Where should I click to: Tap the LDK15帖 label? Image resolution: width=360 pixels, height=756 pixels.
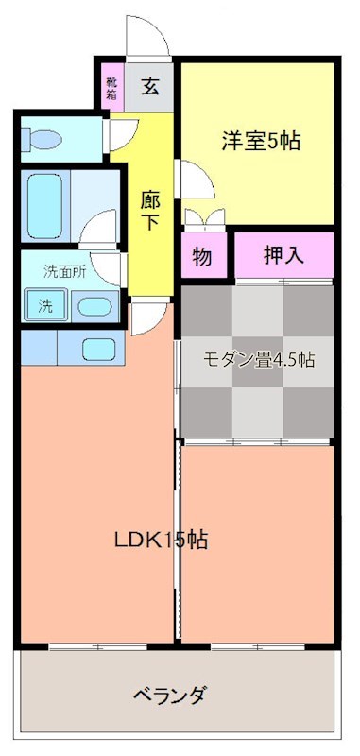[x=161, y=540]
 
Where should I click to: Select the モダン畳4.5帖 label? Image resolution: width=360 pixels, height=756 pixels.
[x=259, y=360]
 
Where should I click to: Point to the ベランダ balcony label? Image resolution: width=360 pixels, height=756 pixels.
[x=171, y=696]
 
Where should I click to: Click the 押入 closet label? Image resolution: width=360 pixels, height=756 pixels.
[x=283, y=255]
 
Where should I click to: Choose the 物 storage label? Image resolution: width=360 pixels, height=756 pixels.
[x=202, y=256]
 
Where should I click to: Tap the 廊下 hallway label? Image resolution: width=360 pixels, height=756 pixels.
[x=150, y=211]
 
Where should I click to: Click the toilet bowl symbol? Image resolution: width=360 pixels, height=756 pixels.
[x=43, y=140]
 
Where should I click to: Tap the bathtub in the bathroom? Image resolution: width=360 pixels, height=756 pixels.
[x=44, y=206]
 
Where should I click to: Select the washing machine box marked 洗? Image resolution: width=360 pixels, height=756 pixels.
[x=45, y=305]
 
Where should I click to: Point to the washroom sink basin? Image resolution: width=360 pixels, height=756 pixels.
[x=94, y=307]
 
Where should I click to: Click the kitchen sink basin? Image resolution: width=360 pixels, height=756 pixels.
[x=98, y=349]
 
